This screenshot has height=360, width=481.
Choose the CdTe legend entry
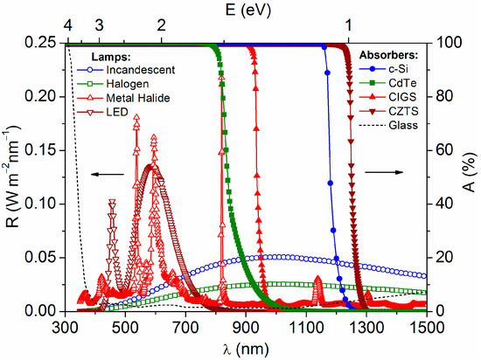388,83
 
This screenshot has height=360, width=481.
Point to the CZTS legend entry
388,114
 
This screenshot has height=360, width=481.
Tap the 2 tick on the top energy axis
162,24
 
